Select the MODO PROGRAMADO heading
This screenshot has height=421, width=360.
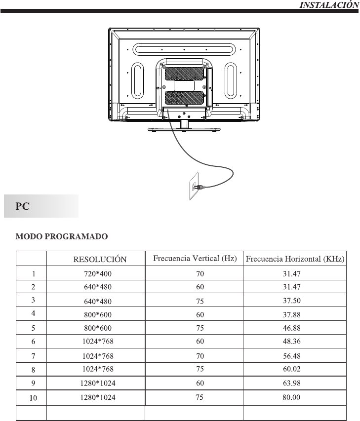62,237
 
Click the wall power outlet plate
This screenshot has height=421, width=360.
193,186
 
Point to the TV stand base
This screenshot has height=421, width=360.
184,130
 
